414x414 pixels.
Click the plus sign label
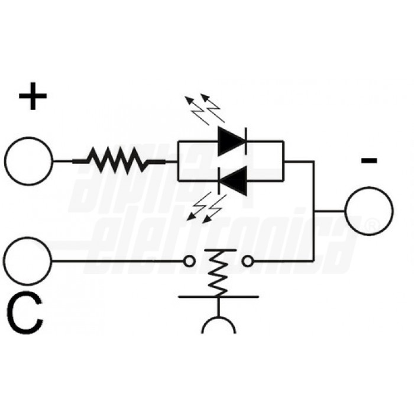click(x=33, y=97)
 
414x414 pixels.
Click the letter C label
click(x=27, y=315)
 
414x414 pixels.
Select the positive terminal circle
click(x=28, y=161)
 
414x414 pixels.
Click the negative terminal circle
click(x=368, y=210)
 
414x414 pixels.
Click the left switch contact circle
click(x=189, y=261)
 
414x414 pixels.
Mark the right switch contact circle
click(x=248, y=261)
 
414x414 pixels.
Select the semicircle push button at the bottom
click(x=219, y=325)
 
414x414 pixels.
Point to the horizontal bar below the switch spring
click(x=219, y=296)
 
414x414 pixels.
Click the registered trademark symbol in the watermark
click(x=371, y=226)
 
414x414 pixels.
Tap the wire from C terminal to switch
click(x=118, y=261)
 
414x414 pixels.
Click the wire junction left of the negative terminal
click(x=314, y=210)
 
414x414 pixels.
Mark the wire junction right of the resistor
click(x=178, y=160)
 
